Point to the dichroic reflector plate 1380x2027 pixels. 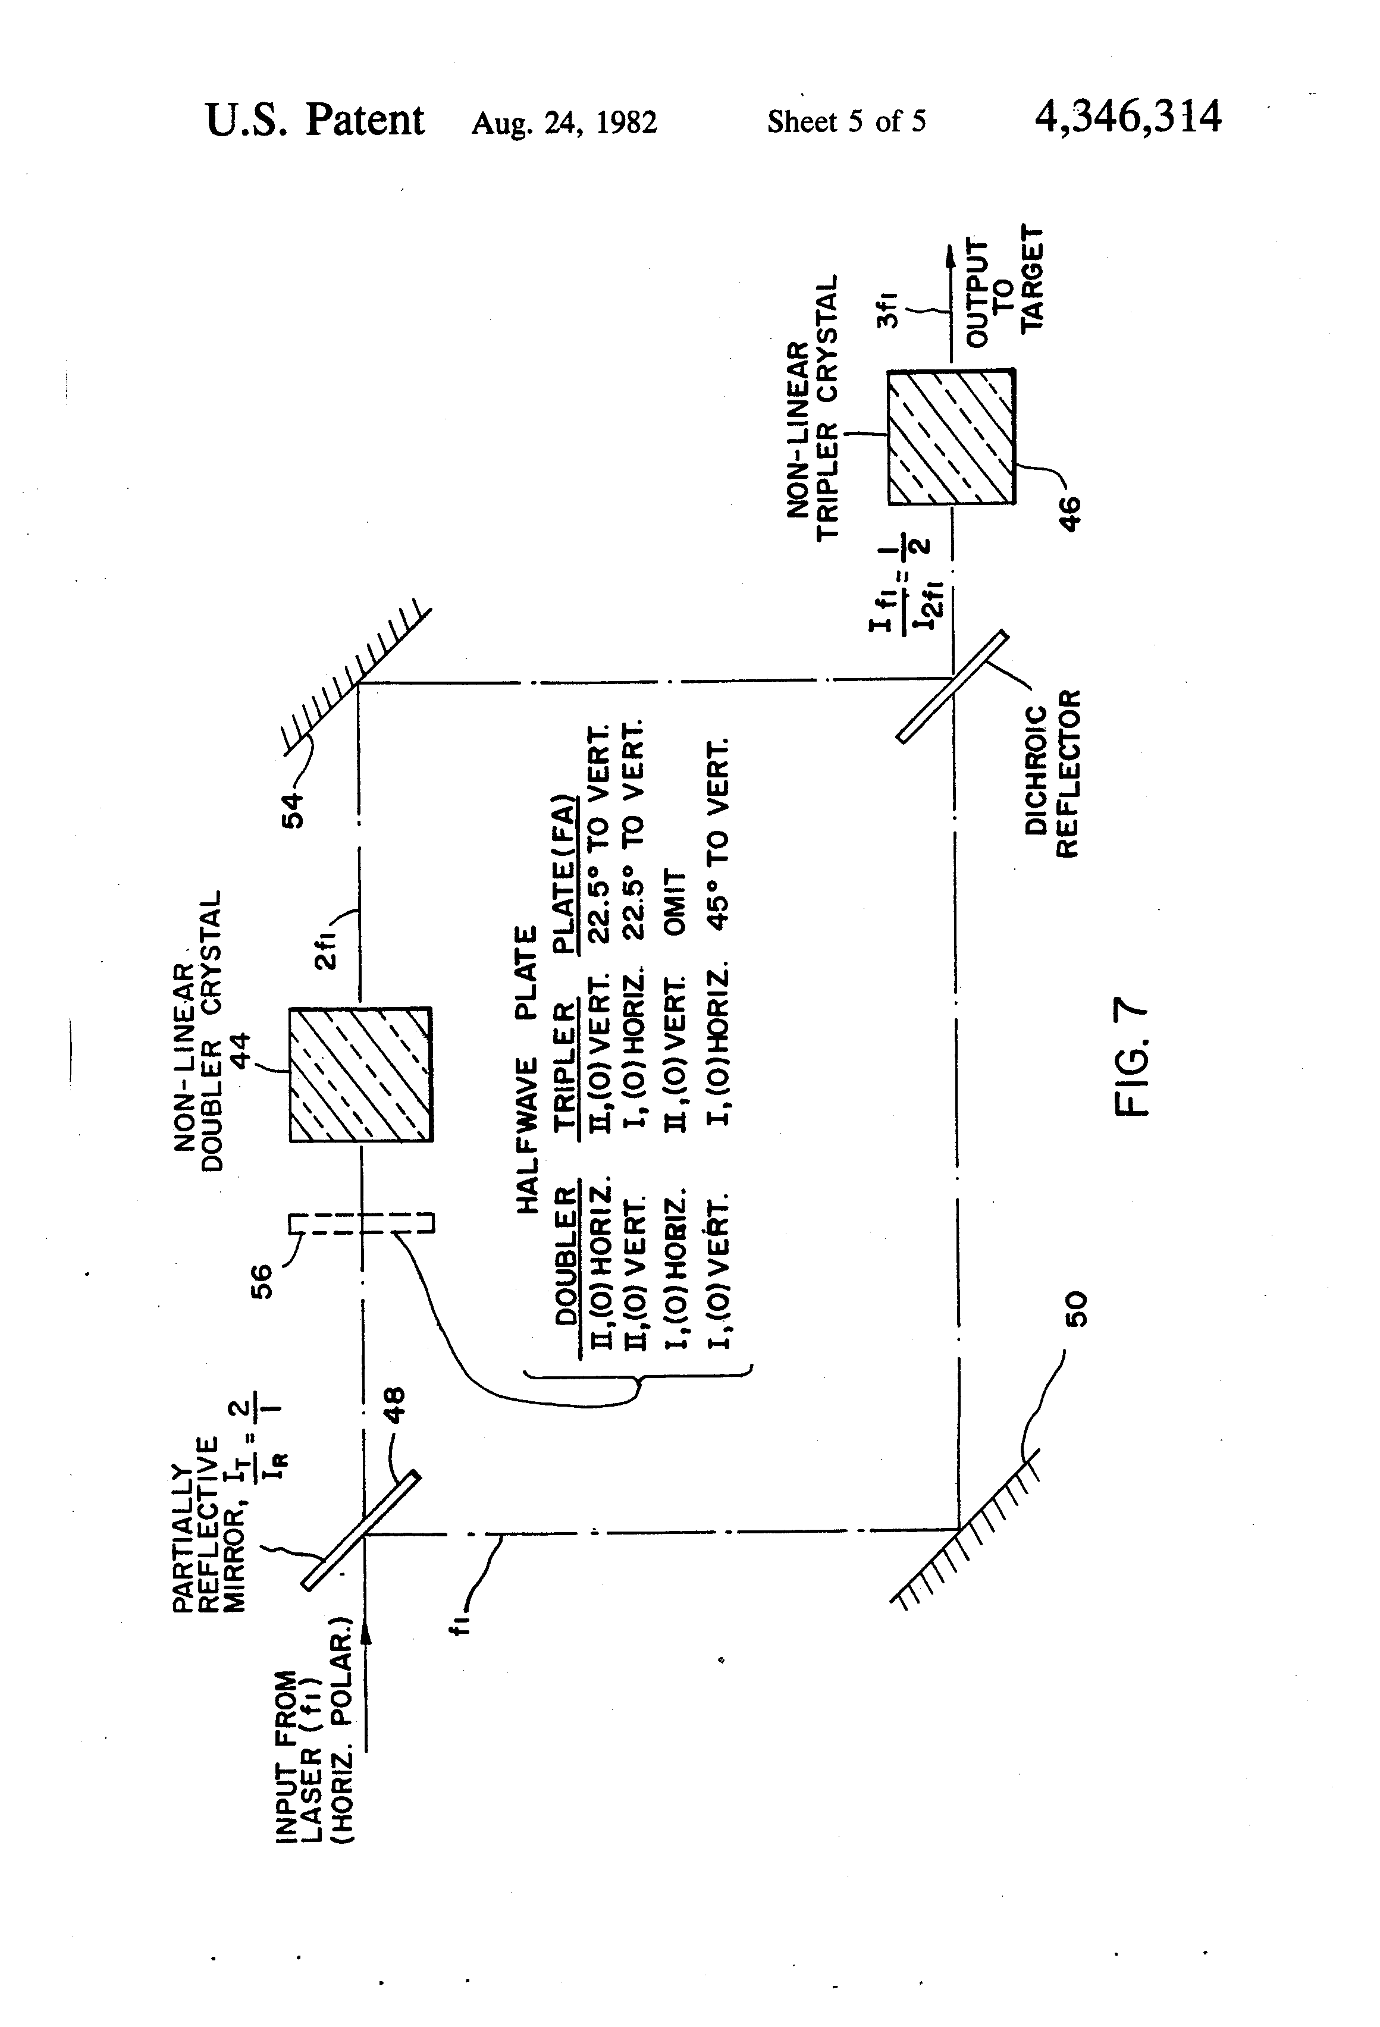[952, 686]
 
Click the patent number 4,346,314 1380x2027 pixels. [1128, 117]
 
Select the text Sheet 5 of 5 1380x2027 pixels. [846, 121]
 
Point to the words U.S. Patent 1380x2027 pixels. [315, 120]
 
